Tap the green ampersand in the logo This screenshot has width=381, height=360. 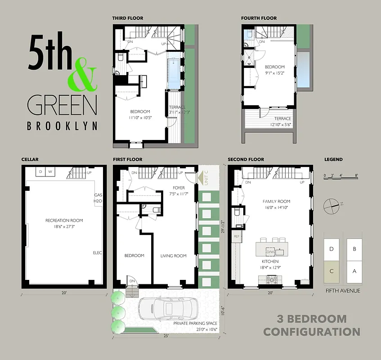click(x=82, y=74)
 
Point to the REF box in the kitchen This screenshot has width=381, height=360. click(x=237, y=236)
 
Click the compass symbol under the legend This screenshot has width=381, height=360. click(x=332, y=205)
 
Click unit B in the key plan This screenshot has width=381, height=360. click(x=354, y=248)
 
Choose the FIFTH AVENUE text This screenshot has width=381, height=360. click(x=342, y=291)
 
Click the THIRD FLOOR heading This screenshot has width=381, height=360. click(x=128, y=18)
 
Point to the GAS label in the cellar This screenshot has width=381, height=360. click(x=98, y=195)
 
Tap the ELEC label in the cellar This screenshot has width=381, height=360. click(x=97, y=253)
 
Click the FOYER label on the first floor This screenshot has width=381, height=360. click(x=179, y=188)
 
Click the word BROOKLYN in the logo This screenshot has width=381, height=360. click(x=62, y=126)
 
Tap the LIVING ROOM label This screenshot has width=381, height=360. click(x=173, y=256)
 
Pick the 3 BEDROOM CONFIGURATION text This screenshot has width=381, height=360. click(x=311, y=325)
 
